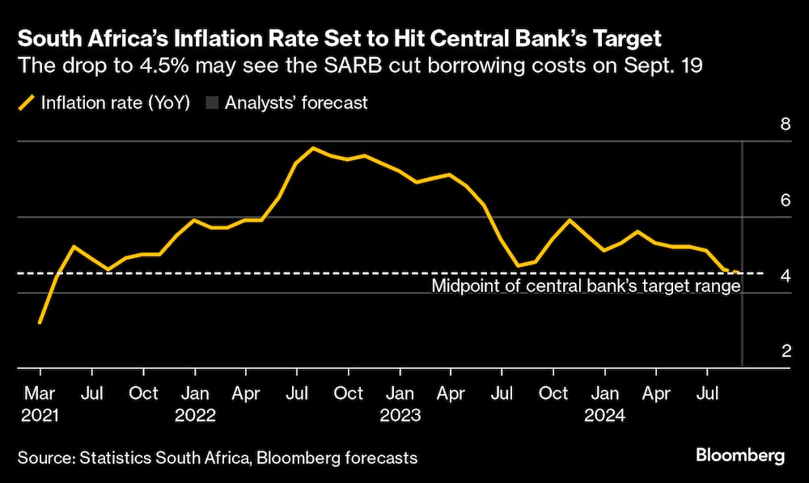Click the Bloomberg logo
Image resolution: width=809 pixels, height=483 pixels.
[x=739, y=456]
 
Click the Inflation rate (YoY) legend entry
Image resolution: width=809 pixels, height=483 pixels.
[x=105, y=103]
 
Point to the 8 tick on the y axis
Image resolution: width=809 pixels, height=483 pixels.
[x=762, y=124]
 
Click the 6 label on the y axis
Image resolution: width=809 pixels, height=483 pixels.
[x=762, y=200]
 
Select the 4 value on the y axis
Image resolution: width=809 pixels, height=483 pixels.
[x=762, y=276]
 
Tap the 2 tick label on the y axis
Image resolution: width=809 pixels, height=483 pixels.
[x=762, y=351]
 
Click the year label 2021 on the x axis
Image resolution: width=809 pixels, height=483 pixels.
[x=40, y=416]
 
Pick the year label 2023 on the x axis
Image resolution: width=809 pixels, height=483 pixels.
[x=400, y=416]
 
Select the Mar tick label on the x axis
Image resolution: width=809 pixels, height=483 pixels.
[x=40, y=394]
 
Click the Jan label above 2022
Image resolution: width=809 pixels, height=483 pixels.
[x=194, y=394]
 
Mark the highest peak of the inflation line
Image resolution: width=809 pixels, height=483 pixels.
[x=313, y=148]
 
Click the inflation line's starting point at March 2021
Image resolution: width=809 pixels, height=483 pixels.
[x=40, y=323]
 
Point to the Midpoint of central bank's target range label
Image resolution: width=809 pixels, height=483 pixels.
[x=586, y=286]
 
